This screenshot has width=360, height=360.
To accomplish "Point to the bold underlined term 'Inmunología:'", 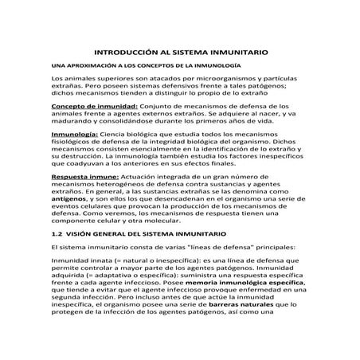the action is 73,136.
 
